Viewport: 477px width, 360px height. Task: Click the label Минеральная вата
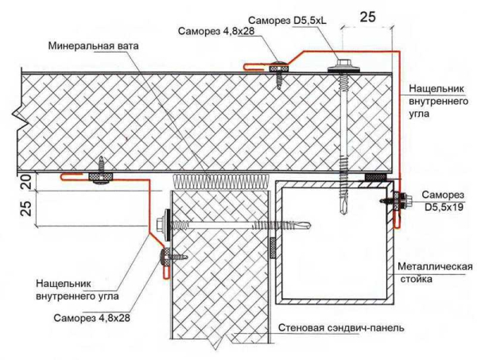(93, 45)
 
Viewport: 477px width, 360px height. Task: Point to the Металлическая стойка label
(436, 273)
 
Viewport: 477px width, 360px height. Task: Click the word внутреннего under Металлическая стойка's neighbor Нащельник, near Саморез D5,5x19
(429, 101)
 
